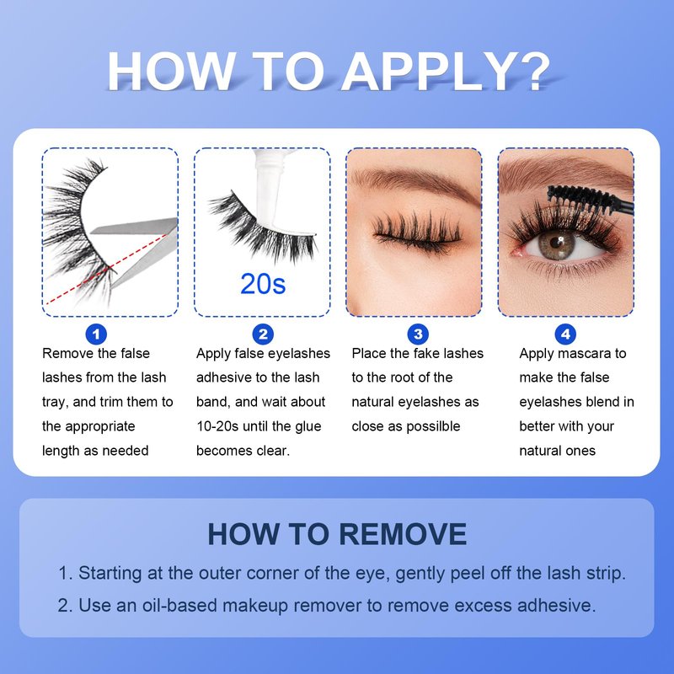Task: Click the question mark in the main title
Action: (x=533, y=72)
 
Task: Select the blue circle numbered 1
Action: (x=96, y=334)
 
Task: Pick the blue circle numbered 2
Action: (x=263, y=334)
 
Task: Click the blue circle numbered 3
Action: (x=418, y=334)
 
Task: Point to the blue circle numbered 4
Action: (x=565, y=334)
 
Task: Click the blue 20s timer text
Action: (x=263, y=284)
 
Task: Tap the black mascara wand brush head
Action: (x=582, y=198)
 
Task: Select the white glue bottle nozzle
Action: (x=269, y=188)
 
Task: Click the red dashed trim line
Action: (x=106, y=270)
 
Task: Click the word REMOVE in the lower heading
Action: (x=403, y=534)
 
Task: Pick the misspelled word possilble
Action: (x=433, y=426)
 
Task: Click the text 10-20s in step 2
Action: (x=217, y=426)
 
